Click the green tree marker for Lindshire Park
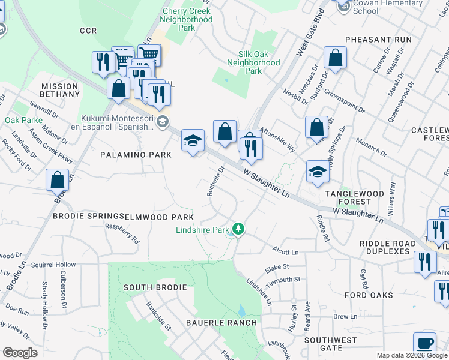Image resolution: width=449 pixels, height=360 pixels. [239, 229]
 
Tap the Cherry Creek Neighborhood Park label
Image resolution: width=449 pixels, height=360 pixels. [187, 19]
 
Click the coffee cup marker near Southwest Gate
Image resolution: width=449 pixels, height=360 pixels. [425, 343]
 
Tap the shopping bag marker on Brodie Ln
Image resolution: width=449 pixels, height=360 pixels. [57, 179]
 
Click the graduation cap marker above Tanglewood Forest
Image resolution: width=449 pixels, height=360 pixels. [318, 171]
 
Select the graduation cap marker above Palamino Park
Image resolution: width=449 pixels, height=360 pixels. [193, 140]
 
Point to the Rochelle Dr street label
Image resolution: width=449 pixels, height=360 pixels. [215, 181]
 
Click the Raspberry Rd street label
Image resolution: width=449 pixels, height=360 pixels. [122, 233]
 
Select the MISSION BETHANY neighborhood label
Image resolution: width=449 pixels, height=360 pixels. [60, 90]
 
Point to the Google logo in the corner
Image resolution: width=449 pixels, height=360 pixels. [20, 352]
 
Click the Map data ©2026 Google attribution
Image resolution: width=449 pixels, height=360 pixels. [411, 355]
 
